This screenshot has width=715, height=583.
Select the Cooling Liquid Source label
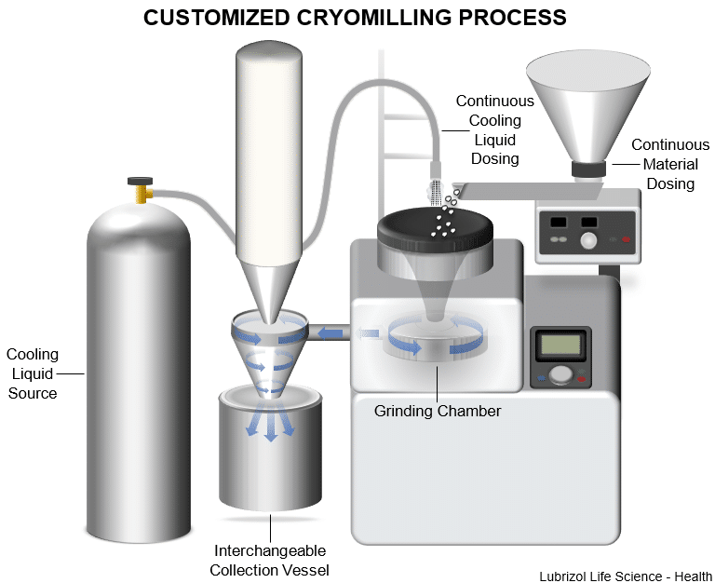(x=33, y=373)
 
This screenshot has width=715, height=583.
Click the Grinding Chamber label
(x=438, y=410)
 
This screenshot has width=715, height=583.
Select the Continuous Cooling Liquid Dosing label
(x=494, y=129)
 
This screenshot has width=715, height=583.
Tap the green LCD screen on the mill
(x=560, y=346)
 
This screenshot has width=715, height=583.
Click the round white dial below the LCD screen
(x=560, y=374)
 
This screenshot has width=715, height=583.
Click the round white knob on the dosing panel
(x=587, y=239)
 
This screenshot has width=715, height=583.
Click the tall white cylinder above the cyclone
(x=270, y=149)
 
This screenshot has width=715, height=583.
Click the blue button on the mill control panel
(x=542, y=380)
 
